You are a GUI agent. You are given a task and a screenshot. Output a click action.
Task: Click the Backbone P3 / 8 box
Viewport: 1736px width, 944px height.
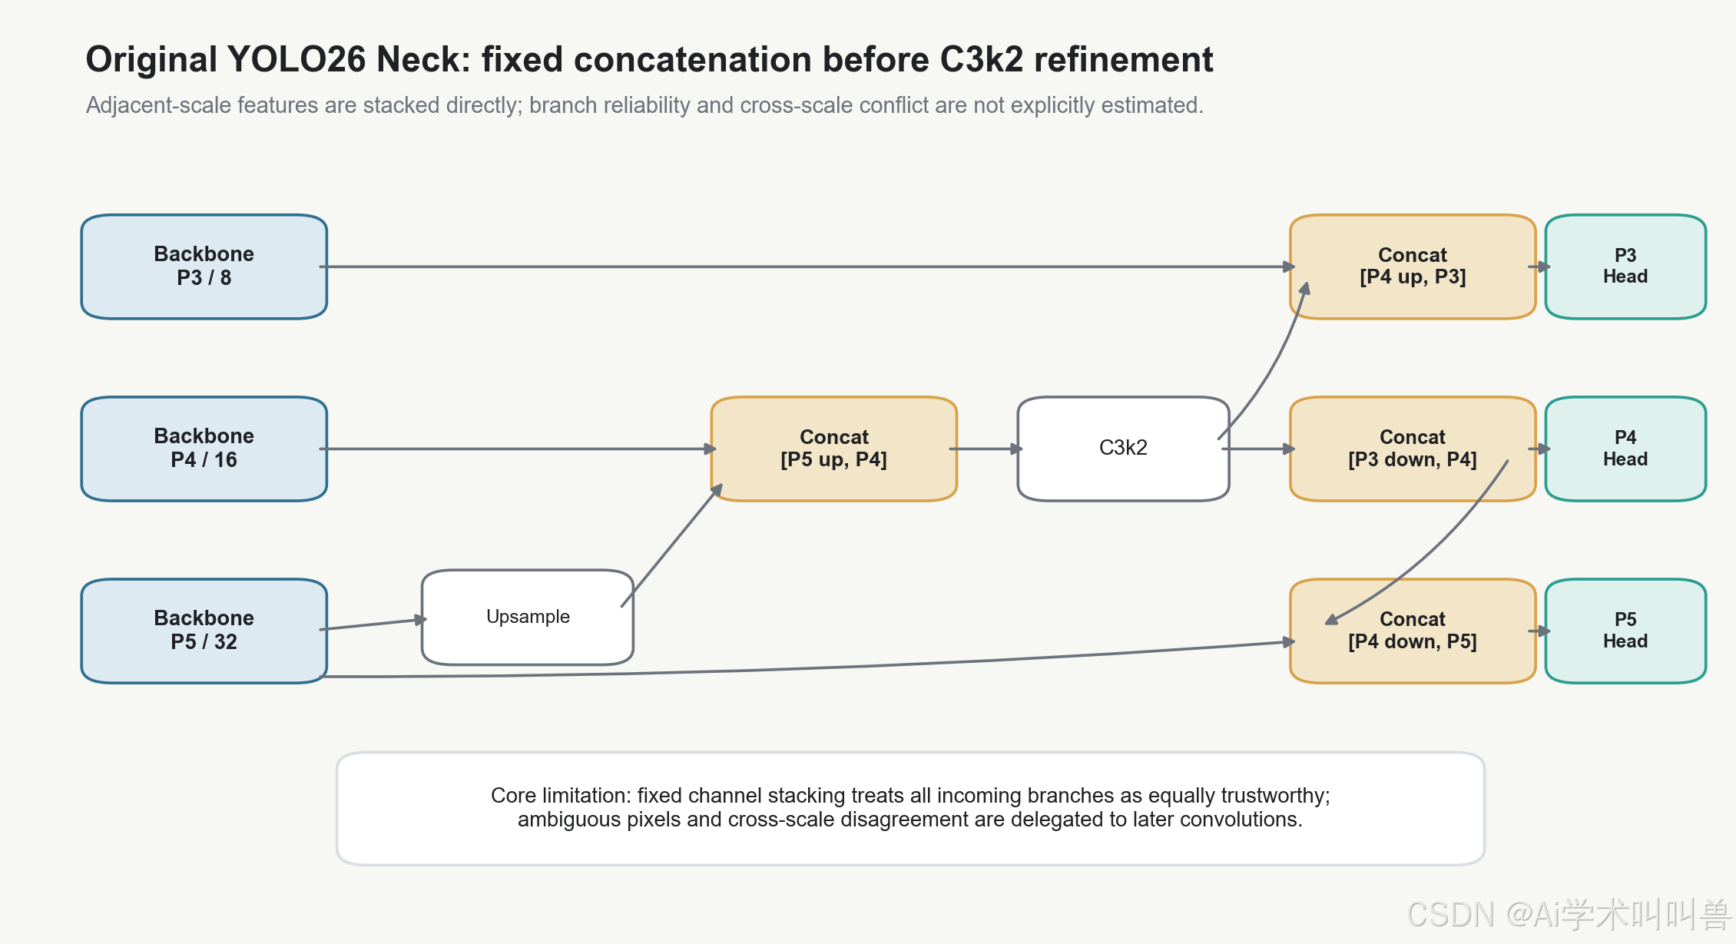(204, 267)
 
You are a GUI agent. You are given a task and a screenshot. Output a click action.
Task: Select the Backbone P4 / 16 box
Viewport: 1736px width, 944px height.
(204, 449)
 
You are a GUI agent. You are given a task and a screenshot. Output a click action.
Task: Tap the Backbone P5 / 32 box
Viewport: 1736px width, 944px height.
(204, 631)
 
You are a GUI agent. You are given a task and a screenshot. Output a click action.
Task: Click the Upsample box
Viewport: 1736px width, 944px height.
(528, 617)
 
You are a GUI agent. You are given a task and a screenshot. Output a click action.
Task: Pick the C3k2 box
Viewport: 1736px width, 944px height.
(1123, 449)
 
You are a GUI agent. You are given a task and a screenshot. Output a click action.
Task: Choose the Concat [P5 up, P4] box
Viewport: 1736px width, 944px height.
(834, 449)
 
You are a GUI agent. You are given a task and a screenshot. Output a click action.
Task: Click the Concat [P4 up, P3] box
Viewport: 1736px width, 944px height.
(1413, 267)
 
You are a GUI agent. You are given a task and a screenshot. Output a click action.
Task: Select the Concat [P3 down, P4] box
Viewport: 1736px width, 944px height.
(1413, 449)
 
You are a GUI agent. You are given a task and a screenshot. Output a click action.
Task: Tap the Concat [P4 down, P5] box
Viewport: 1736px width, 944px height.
(1413, 631)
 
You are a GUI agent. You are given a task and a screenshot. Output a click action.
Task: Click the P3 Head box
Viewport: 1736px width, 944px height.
(1625, 267)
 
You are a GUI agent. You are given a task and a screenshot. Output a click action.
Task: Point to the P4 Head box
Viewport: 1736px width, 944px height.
(1625, 449)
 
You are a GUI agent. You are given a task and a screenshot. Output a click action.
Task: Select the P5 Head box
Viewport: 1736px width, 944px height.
(1625, 631)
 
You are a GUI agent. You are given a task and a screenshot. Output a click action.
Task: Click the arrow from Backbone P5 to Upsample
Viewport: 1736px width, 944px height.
(373, 624)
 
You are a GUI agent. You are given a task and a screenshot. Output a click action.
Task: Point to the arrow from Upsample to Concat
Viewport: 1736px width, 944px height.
(671, 545)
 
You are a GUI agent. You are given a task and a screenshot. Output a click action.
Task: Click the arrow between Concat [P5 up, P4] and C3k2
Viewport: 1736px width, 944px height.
(986, 449)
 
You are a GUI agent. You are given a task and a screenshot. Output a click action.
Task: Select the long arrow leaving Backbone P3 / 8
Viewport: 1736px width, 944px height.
(807, 267)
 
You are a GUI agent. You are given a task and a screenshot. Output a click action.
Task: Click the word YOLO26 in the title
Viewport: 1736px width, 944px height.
(297, 59)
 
